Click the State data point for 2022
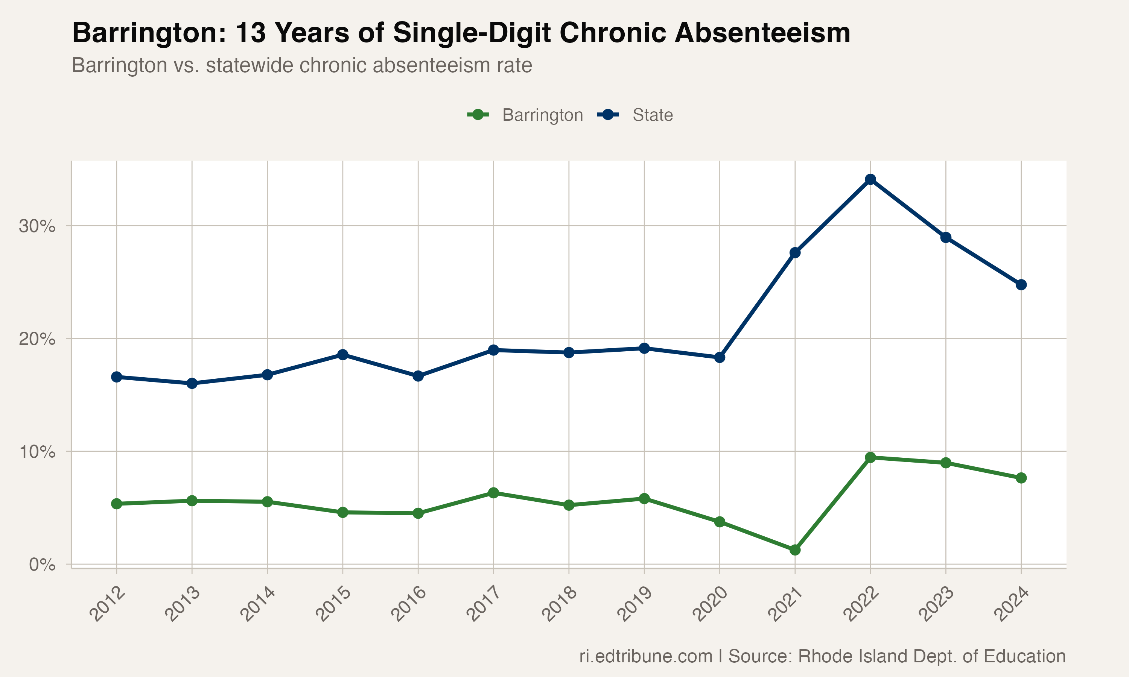[870, 179]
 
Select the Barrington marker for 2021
[795, 550]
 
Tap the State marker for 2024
[1021, 285]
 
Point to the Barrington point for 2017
[493, 493]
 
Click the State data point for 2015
[343, 354]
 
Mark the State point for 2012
[116, 377]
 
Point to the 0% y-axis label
[42, 565]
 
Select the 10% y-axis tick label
[37, 452]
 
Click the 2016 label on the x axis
[409, 605]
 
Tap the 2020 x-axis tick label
[711, 605]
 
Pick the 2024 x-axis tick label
[1012, 605]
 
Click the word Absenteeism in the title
[762, 33]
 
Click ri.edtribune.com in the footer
[646, 656]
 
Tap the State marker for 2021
[795, 253]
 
